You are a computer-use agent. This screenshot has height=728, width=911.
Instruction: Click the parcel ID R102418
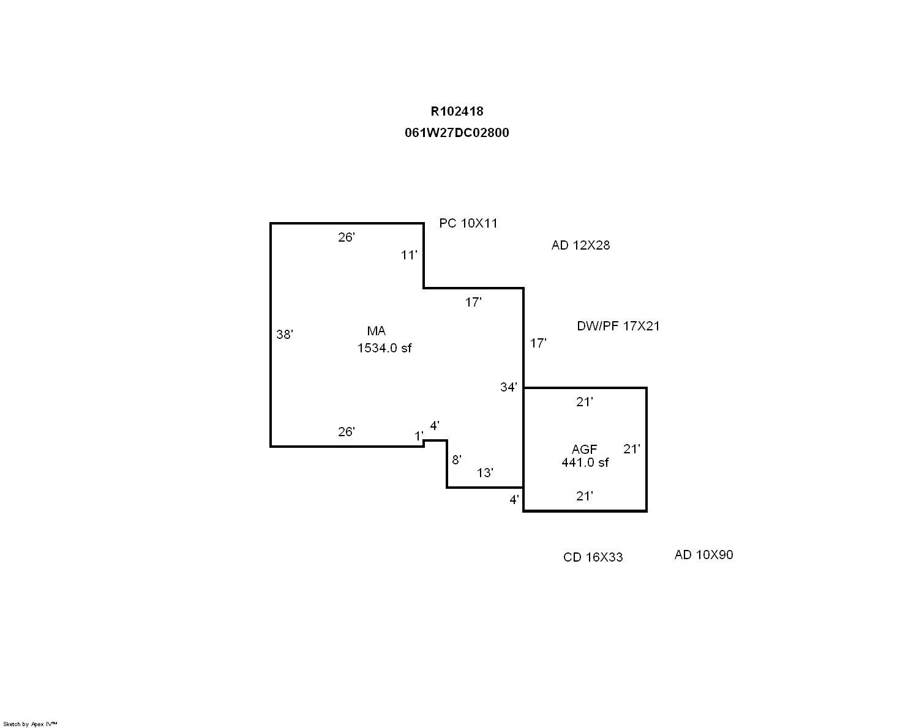click(457, 111)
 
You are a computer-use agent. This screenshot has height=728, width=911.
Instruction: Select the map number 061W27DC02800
click(457, 133)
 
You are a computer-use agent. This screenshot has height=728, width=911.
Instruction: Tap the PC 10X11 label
click(468, 223)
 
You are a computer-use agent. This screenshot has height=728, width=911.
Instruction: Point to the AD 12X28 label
click(580, 245)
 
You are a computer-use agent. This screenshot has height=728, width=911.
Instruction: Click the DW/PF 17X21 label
click(618, 326)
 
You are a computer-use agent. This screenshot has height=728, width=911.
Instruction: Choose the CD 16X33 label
click(593, 557)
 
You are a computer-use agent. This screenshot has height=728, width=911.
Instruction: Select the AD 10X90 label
click(703, 555)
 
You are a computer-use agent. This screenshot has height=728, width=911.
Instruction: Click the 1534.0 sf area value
click(384, 348)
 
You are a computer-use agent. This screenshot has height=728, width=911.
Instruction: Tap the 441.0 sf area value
click(585, 462)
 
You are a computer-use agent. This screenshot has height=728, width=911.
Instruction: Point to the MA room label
click(376, 331)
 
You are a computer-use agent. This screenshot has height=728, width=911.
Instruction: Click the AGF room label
click(584, 450)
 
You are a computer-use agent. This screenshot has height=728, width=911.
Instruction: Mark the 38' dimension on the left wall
click(285, 335)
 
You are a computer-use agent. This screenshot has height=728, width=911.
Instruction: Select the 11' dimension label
click(409, 255)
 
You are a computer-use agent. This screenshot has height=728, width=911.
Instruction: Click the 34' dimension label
click(509, 387)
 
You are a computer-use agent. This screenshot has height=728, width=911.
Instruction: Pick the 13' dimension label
click(485, 473)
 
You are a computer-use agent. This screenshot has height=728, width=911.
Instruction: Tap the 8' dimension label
click(456, 460)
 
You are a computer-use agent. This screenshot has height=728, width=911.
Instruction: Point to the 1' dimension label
click(419, 436)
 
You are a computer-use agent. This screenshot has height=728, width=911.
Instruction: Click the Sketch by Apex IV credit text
click(30, 724)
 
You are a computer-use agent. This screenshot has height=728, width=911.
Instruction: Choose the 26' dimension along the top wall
click(347, 237)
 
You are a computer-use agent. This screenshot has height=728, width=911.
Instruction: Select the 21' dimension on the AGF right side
click(632, 449)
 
